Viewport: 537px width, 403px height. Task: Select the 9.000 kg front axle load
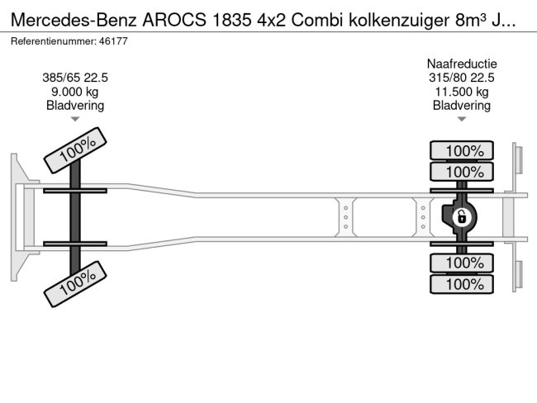pos(75,92)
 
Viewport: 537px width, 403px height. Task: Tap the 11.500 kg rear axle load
pos(462,92)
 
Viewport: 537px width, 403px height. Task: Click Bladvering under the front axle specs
pos(75,105)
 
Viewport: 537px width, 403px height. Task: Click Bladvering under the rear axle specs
pos(462,105)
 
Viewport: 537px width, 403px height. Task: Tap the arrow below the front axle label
pos(75,119)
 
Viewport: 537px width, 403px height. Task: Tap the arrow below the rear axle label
pos(462,119)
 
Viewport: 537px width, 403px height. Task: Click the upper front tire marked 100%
pos(76,151)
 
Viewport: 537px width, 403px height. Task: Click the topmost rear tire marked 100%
pos(462,150)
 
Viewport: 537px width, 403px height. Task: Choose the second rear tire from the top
pos(462,172)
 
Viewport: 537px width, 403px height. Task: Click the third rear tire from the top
pos(462,263)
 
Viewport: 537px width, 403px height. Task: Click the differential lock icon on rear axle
pos(462,217)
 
